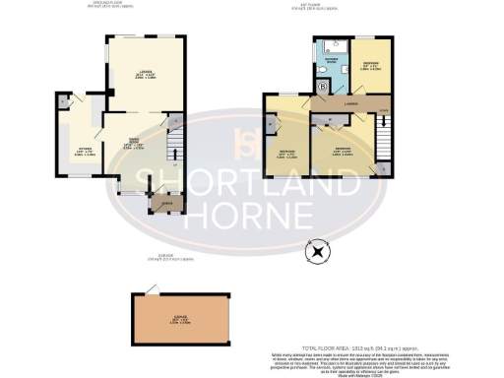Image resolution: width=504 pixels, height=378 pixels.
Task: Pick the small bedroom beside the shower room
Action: click(370, 65)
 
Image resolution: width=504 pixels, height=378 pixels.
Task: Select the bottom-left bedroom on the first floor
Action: click(286, 154)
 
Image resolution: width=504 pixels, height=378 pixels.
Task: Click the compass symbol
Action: click(317, 252)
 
